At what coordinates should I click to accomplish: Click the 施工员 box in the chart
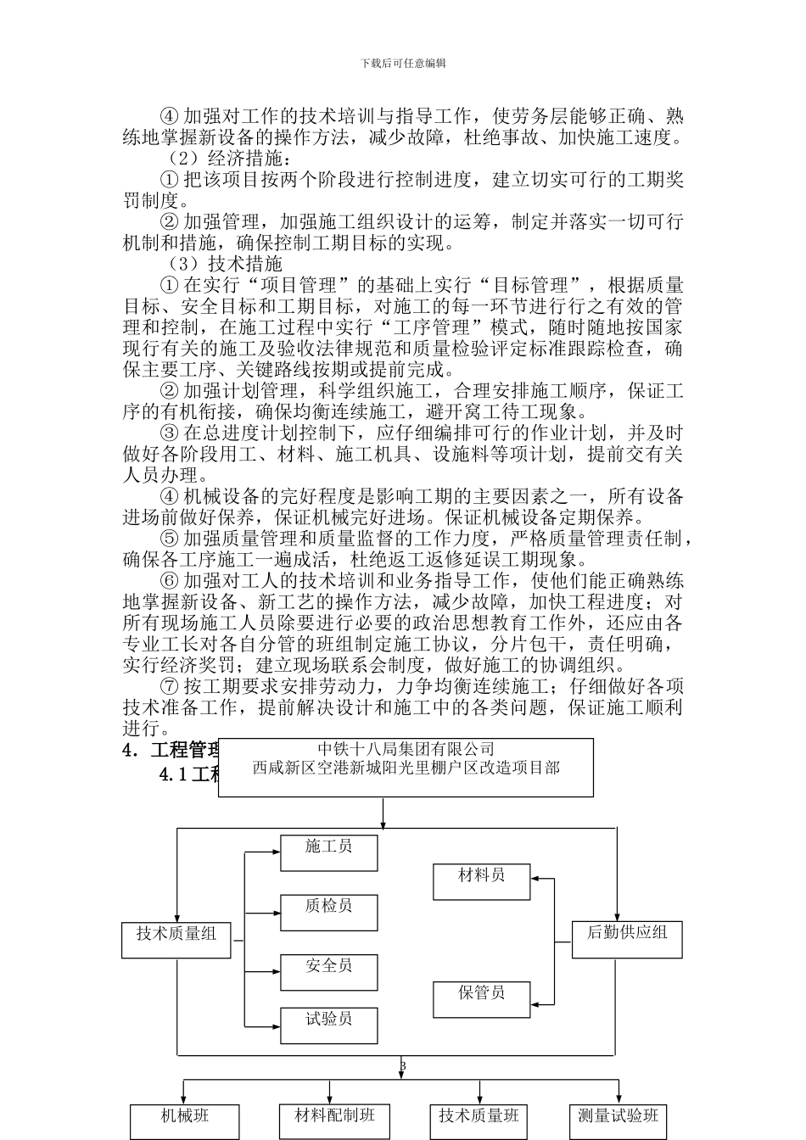[x=328, y=852]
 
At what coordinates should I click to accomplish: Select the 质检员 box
[x=328, y=912]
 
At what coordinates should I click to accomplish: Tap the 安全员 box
[x=328, y=972]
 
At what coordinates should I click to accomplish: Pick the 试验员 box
[x=328, y=1025]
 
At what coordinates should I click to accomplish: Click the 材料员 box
[x=481, y=881]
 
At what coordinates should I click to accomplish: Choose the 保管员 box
[x=481, y=999]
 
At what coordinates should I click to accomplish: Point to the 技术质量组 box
[x=176, y=940]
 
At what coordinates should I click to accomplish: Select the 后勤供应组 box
[x=627, y=939]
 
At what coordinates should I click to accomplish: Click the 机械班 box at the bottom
[x=185, y=1120]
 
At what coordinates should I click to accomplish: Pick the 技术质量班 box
[x=478, y=1120]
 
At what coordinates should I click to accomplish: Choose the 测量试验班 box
[x=617, y=1120]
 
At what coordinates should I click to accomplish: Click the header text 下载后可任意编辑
[x=403, y=63]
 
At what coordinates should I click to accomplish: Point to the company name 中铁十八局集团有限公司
[x=406, y=749]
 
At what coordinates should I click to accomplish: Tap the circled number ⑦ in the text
[x=169, y=686]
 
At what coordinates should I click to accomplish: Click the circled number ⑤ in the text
[x=169, y=539]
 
